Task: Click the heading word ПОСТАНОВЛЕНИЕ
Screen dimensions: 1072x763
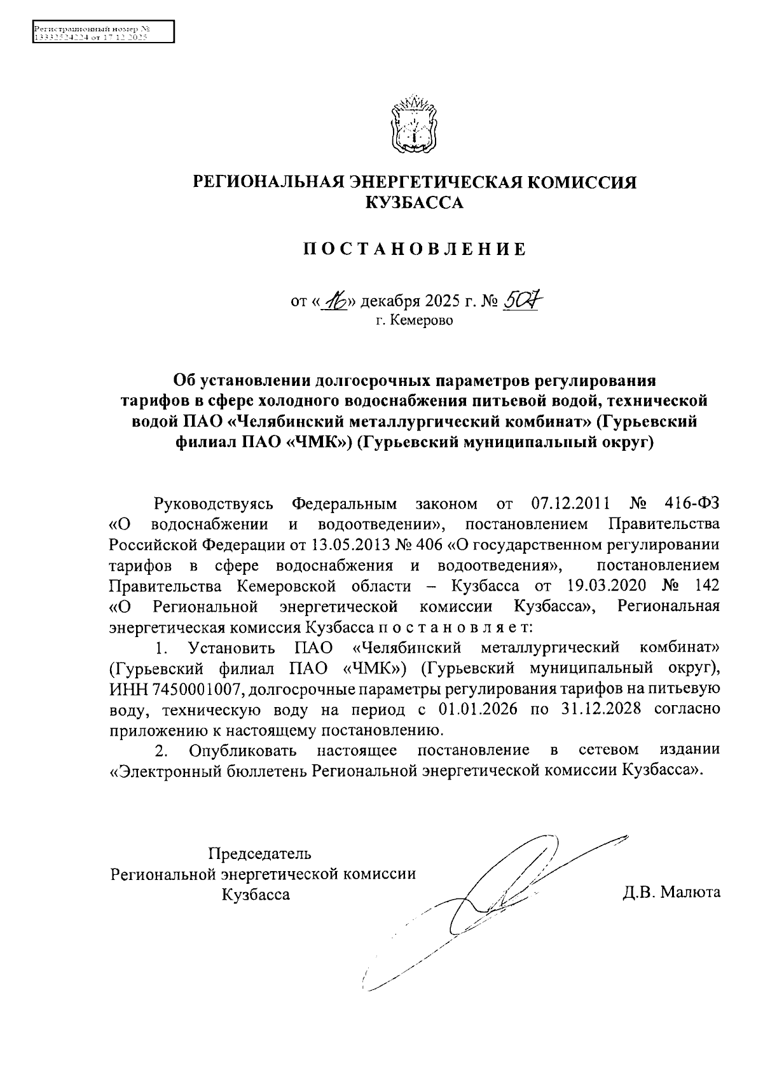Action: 415,249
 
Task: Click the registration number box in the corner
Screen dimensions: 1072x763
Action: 102,31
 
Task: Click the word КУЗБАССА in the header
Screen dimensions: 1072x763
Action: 414,203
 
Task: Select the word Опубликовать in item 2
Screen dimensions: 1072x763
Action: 243,750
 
